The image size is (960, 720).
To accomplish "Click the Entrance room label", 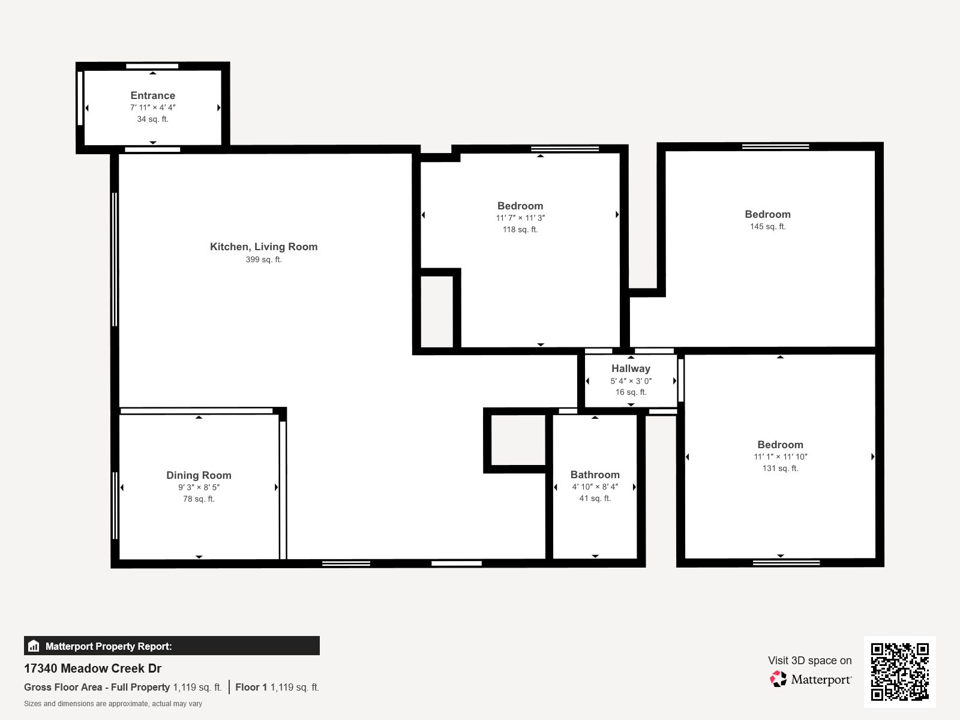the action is (152, 95).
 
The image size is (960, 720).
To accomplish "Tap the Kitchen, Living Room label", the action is (264, 247).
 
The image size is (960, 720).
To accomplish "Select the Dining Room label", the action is (199, 475).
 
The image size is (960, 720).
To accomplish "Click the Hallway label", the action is (631, 368).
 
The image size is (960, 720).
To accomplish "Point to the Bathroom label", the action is (595, 475).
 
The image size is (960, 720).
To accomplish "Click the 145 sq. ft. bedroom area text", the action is (767, 226).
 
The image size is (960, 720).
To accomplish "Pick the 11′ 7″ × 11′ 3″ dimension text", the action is (520, 218).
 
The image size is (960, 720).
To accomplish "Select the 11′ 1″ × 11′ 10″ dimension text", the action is (780, 457).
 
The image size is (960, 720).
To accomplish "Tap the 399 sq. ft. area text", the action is (264, 259).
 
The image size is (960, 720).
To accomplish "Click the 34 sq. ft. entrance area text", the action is (152, 119).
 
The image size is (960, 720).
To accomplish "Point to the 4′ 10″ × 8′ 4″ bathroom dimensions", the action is (595, 487).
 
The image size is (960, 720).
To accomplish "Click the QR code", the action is (899, 672).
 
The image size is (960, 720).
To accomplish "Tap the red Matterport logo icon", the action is (778, 679).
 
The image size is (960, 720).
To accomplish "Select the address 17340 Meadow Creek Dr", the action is (93, 668).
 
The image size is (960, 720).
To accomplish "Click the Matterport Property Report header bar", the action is (172, 646).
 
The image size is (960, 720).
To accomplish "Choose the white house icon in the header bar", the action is (34, 646).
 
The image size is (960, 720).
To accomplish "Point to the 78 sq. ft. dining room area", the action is (199, 499).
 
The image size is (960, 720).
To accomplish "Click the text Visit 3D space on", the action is (809, 661).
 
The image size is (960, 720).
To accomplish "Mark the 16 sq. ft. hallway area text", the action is (631, 392).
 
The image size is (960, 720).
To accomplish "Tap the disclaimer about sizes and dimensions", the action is (113, 703).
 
